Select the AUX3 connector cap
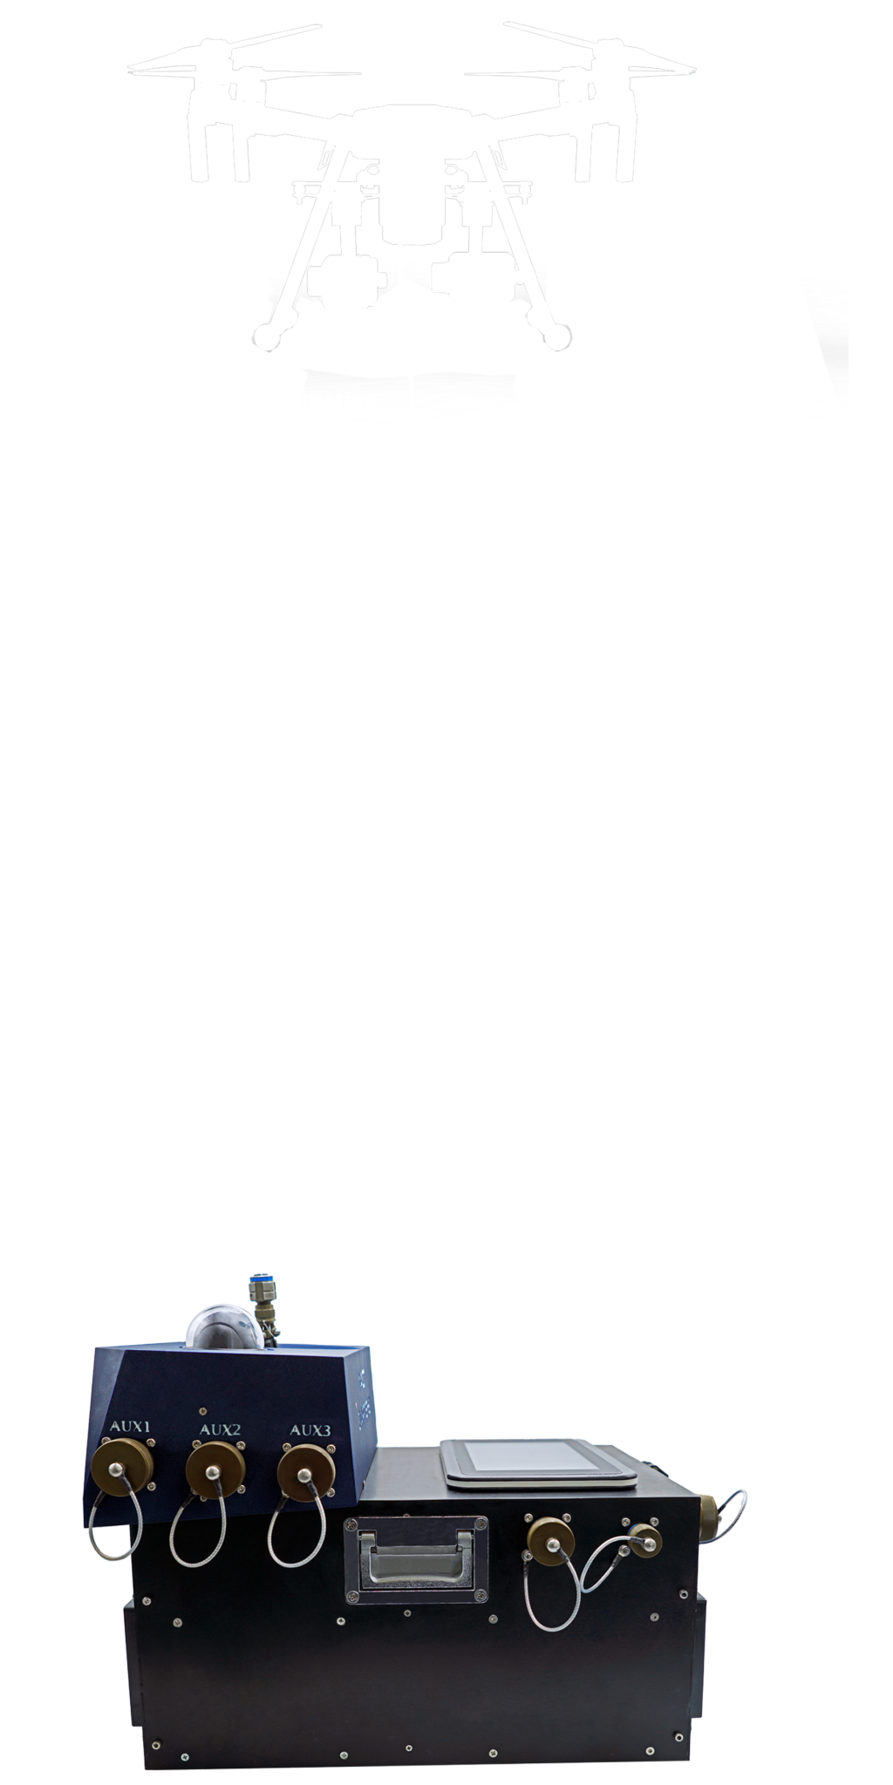click(306, 1472)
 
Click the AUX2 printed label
click(220, 1429)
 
